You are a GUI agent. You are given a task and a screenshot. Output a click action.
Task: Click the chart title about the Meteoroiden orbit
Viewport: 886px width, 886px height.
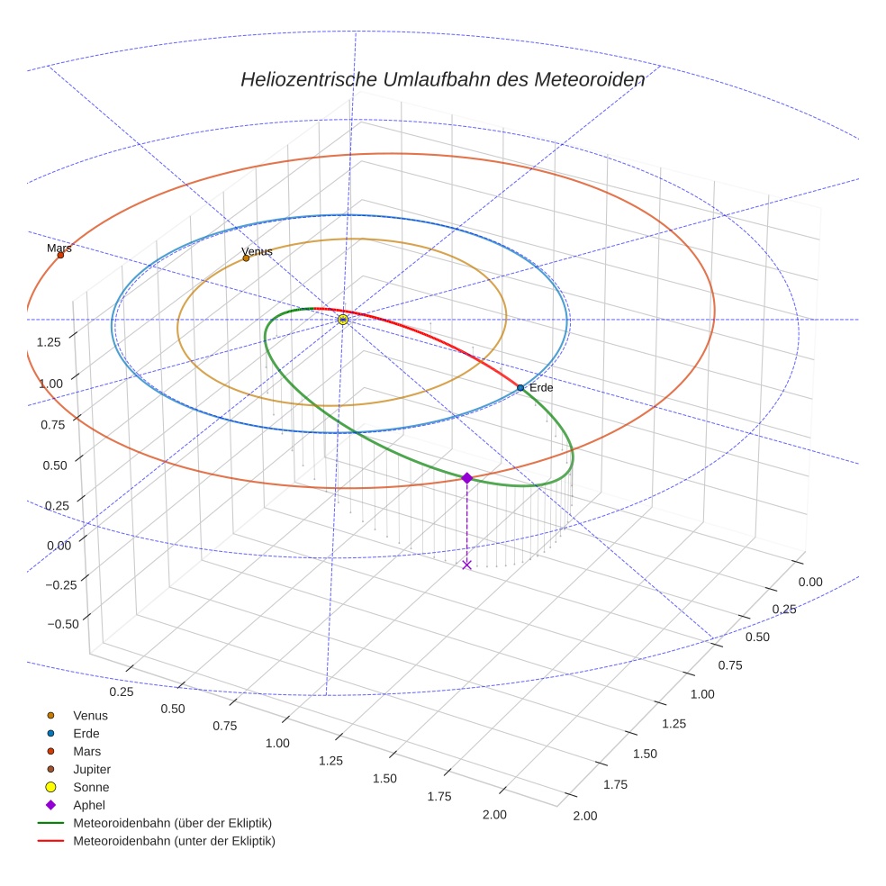tap(442, 79)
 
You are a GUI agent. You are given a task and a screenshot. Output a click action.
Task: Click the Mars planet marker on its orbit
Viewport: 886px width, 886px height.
tap(60, 255)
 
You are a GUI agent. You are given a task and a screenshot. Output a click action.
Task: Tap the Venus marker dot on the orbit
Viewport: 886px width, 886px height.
tap(246, 258)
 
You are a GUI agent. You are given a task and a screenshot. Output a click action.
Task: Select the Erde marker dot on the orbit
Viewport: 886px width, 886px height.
tap(520, 387)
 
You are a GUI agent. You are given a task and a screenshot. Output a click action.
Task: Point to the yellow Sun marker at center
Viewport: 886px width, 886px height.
tap(343, 320)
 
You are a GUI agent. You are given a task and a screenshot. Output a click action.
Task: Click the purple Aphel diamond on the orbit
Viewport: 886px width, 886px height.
tap(466, 478)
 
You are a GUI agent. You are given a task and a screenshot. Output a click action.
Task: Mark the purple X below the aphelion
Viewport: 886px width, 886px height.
tap(466, 565)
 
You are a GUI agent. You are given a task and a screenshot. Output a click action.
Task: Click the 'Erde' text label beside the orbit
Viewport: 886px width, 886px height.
tap(541, 387)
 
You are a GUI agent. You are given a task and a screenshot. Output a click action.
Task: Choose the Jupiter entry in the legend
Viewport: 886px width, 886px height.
tap(91, 769)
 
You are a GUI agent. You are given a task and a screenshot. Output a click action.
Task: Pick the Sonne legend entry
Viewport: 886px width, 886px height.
tap(91, 787)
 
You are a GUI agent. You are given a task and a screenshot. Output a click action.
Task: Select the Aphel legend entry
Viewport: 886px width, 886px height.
tap(88, 805)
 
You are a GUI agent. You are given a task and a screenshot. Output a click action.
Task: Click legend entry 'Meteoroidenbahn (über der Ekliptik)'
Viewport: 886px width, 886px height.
tap(172, 823)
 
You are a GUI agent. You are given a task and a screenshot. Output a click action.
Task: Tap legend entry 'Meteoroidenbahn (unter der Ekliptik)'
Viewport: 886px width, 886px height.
tap(174, 841)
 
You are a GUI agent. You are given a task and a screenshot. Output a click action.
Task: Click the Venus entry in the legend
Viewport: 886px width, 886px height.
tap(90, 715)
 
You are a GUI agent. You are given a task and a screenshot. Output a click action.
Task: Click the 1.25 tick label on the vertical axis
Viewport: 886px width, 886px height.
tap(49, 341)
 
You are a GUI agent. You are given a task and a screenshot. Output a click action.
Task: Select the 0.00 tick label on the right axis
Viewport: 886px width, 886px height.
tap(810, 582)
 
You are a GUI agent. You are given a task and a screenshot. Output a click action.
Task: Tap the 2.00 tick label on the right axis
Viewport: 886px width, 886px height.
tap(585, 816)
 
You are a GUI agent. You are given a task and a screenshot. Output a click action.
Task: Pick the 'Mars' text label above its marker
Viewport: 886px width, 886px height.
tap(59, 248)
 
